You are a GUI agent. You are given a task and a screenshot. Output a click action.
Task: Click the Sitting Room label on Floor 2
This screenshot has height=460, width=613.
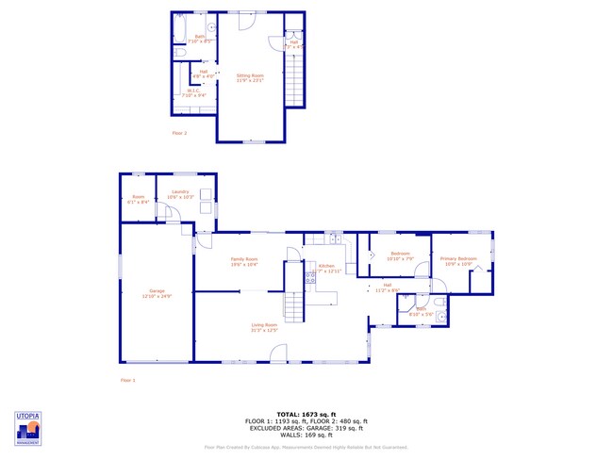coord(250,75)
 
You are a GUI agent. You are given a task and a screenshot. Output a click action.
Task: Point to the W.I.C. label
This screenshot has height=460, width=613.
coord(187,92)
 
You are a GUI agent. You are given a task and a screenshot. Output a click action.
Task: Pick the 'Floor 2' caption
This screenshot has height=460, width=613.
coord(179,133)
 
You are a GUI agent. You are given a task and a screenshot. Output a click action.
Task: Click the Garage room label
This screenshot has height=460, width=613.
coord(157,291)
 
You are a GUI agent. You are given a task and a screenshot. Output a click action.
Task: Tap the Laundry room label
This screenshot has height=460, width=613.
coord(180,194)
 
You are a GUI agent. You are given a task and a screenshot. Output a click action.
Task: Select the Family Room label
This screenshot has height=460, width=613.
coord(244,260)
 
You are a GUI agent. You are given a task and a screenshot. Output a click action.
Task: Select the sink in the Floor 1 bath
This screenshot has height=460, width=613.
coord(440,318)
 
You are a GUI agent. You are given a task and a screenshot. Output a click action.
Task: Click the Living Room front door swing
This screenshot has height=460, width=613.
coord(278,353)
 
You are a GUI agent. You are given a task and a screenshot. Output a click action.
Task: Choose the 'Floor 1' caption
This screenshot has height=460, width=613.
coord(127,380)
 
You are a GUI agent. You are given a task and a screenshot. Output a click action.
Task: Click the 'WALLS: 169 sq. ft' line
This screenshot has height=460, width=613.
coord(306,436)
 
